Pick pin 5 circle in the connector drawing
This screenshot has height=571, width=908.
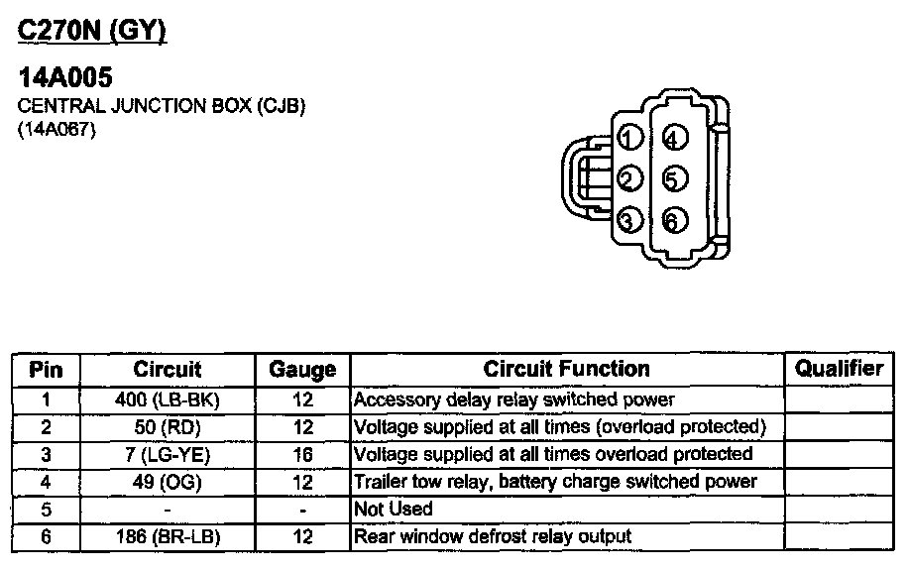(x=673, y=179)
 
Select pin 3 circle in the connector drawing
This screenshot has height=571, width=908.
(x=628, y=220)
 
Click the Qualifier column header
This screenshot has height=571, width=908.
(x=839, y=369)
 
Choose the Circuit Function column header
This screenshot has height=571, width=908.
(x=567, y=369)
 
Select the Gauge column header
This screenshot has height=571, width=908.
(x=302, y=370)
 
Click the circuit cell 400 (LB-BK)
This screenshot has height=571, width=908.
(x=168, y=400)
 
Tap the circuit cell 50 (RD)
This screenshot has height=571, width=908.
(x=168, y=427)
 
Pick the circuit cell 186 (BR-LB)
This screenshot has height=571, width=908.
(x=168, y=536)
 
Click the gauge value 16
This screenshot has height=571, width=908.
(x=303, y=454)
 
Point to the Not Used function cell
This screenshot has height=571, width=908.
(x=394, y=510)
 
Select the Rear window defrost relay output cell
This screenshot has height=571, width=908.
(x=493, y=536)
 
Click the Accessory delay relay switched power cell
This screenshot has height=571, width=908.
(x=514, y=400)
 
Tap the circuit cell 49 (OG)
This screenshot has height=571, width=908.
(x=168, y=482)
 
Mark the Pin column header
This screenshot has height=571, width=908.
(x=47, y=370)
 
